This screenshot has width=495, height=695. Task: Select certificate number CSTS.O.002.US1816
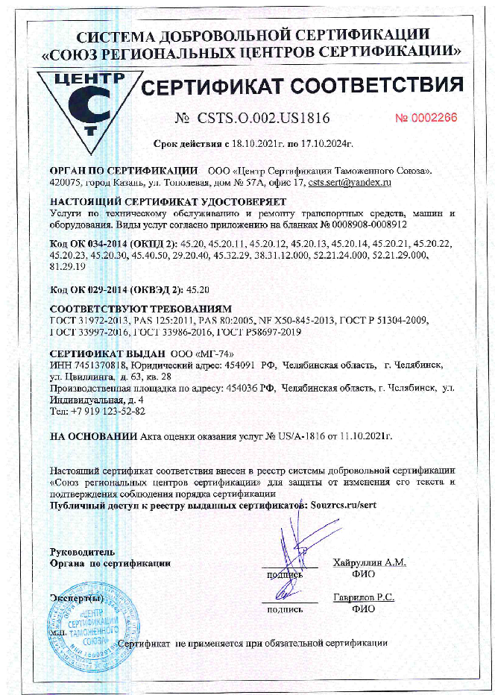[263, 119]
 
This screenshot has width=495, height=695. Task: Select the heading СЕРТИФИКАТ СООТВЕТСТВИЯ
[302, 87]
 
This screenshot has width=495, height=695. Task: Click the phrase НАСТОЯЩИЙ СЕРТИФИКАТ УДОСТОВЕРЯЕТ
[167, 202]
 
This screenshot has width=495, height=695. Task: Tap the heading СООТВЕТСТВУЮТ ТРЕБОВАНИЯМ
[142, 308]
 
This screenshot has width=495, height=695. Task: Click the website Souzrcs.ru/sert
[344, 505]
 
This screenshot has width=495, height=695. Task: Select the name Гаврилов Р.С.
[364, 597]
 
